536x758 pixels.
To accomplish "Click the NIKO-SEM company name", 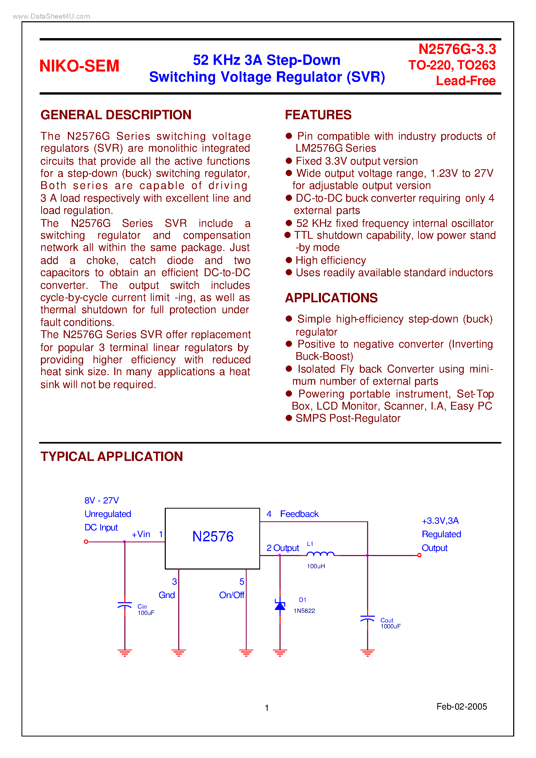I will coord(79,66).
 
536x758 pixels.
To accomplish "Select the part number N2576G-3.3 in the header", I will coord(457,50).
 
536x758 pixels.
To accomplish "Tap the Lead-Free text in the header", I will coord(465,81).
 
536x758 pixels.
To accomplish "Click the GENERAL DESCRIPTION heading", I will coord(116,115).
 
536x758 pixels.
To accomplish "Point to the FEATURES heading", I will coord(318,115).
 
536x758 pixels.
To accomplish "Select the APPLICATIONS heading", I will coord(331,298).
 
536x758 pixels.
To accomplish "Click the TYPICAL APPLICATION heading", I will coord(112,457).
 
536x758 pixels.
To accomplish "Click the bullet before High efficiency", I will coord(289,260).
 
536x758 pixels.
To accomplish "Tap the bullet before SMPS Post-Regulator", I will coord(289,418).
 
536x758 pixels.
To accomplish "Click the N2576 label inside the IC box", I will coord(213,536).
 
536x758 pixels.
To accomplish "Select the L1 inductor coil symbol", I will coord(320,554).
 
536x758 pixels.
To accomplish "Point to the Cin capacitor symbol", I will coord(125,605).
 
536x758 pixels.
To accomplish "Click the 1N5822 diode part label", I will coord(304,611).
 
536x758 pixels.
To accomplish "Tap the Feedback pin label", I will coord(299,514).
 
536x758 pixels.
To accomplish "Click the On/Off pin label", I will coord(231,595).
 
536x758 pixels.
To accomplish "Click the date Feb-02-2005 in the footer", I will coord(461,706).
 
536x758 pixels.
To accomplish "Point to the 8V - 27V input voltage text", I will coord(101,500).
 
